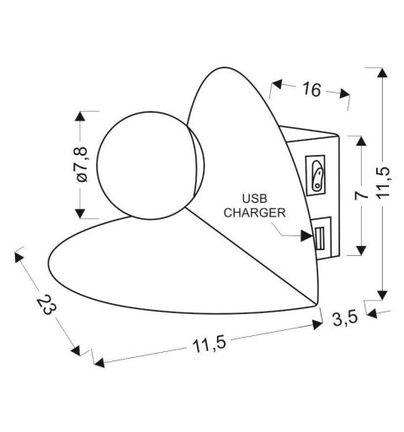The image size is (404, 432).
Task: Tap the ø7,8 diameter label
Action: [x=82, y=166]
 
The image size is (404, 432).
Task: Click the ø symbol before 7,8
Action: [x=82, y=181]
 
